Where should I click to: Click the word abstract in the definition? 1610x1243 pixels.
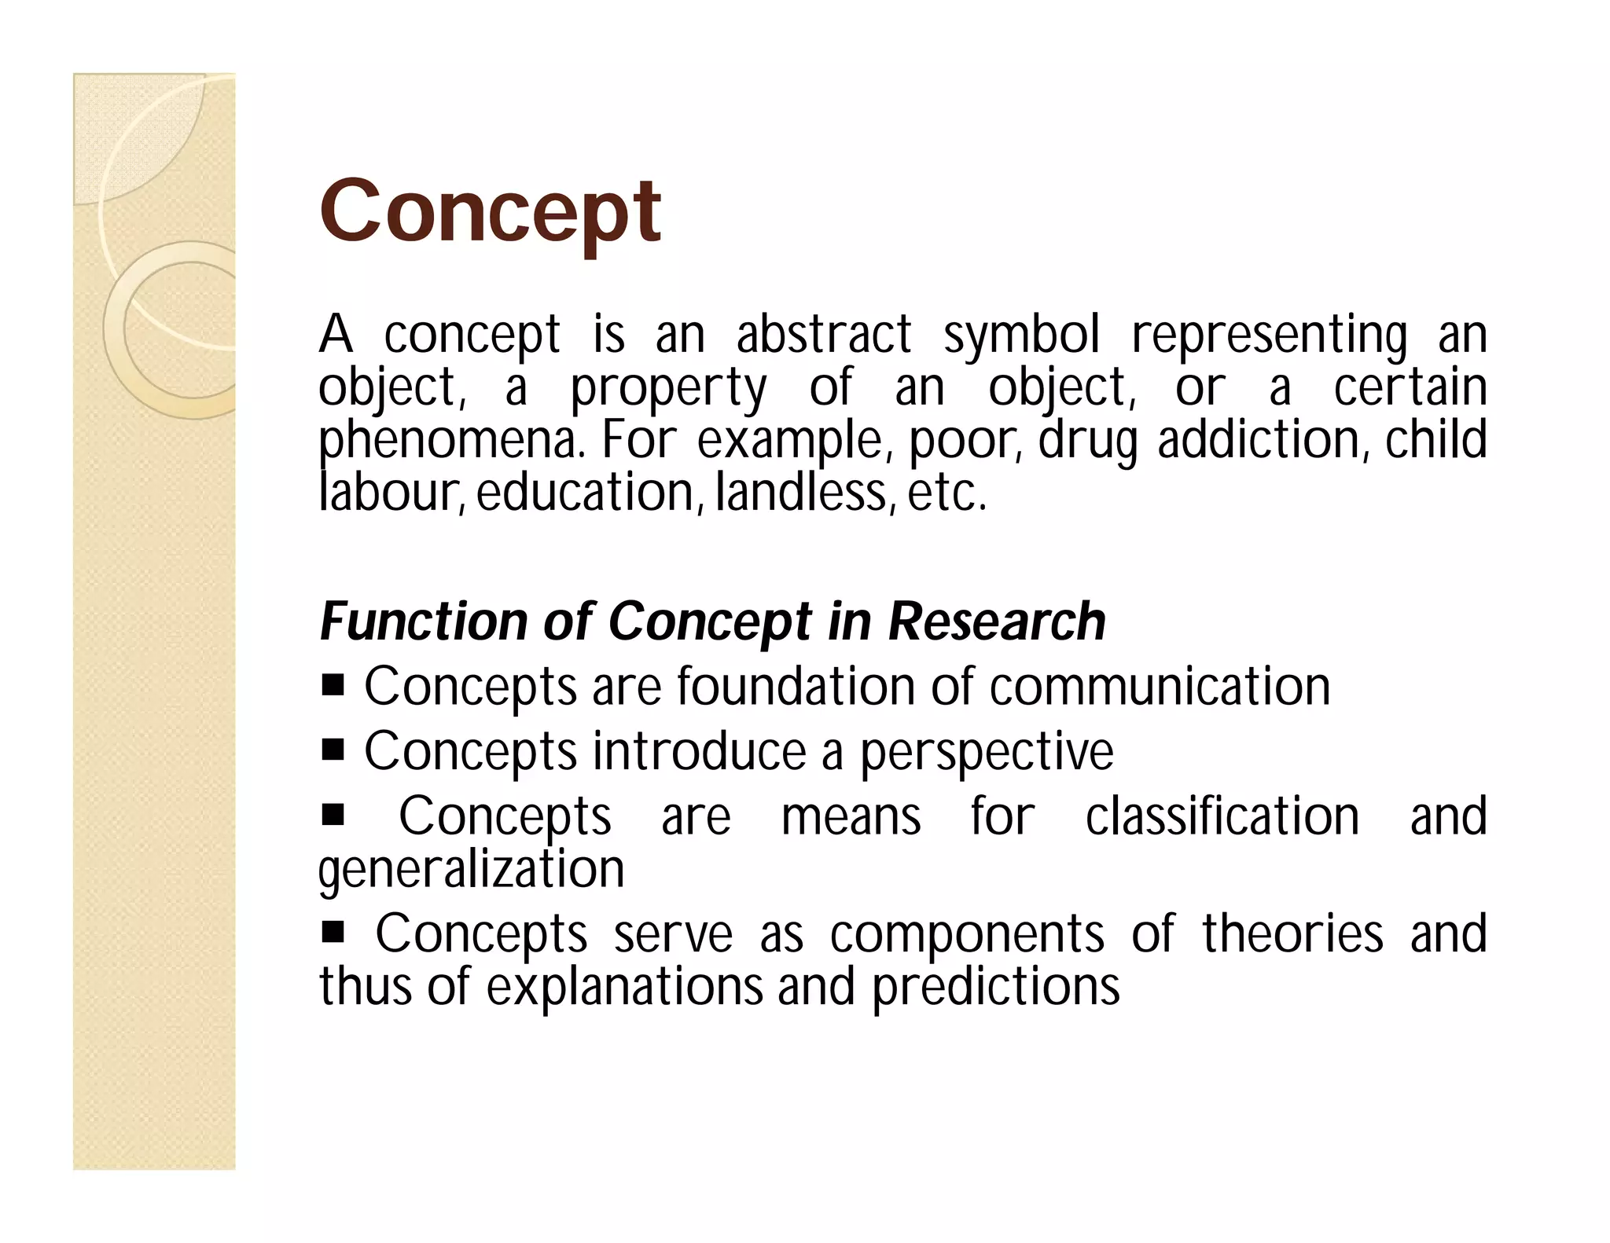click(823, 335)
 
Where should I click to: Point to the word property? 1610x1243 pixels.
click(667, 389)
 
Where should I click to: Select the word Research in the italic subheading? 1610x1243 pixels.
click(996, 621)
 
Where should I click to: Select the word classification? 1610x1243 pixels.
click(1222, 816)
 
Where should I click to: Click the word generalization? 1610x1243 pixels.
click(472, 869)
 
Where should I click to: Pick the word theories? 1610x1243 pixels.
click(1292, 934)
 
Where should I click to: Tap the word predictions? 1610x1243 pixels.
click(996, 987)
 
